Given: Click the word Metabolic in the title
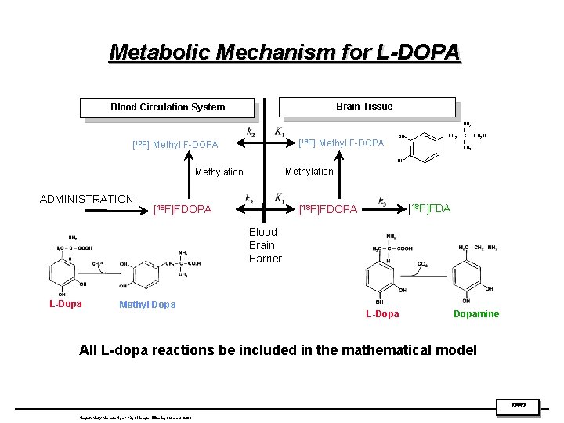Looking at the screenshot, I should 161,52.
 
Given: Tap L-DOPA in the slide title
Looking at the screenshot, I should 420,52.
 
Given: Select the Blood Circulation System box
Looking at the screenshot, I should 168,107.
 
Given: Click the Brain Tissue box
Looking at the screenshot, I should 364,107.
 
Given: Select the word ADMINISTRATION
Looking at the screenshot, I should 86,199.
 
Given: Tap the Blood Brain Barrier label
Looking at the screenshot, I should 264,245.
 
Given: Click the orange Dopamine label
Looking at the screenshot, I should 476,314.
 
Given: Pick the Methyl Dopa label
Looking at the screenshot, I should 147,305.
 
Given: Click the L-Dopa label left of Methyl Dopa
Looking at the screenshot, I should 65,304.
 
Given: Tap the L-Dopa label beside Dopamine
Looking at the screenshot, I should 382,314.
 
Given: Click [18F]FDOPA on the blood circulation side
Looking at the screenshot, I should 182,209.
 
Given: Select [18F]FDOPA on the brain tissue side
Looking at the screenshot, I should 329,209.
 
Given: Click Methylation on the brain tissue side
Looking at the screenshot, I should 309,171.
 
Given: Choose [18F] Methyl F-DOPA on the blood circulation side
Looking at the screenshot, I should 175,144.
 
